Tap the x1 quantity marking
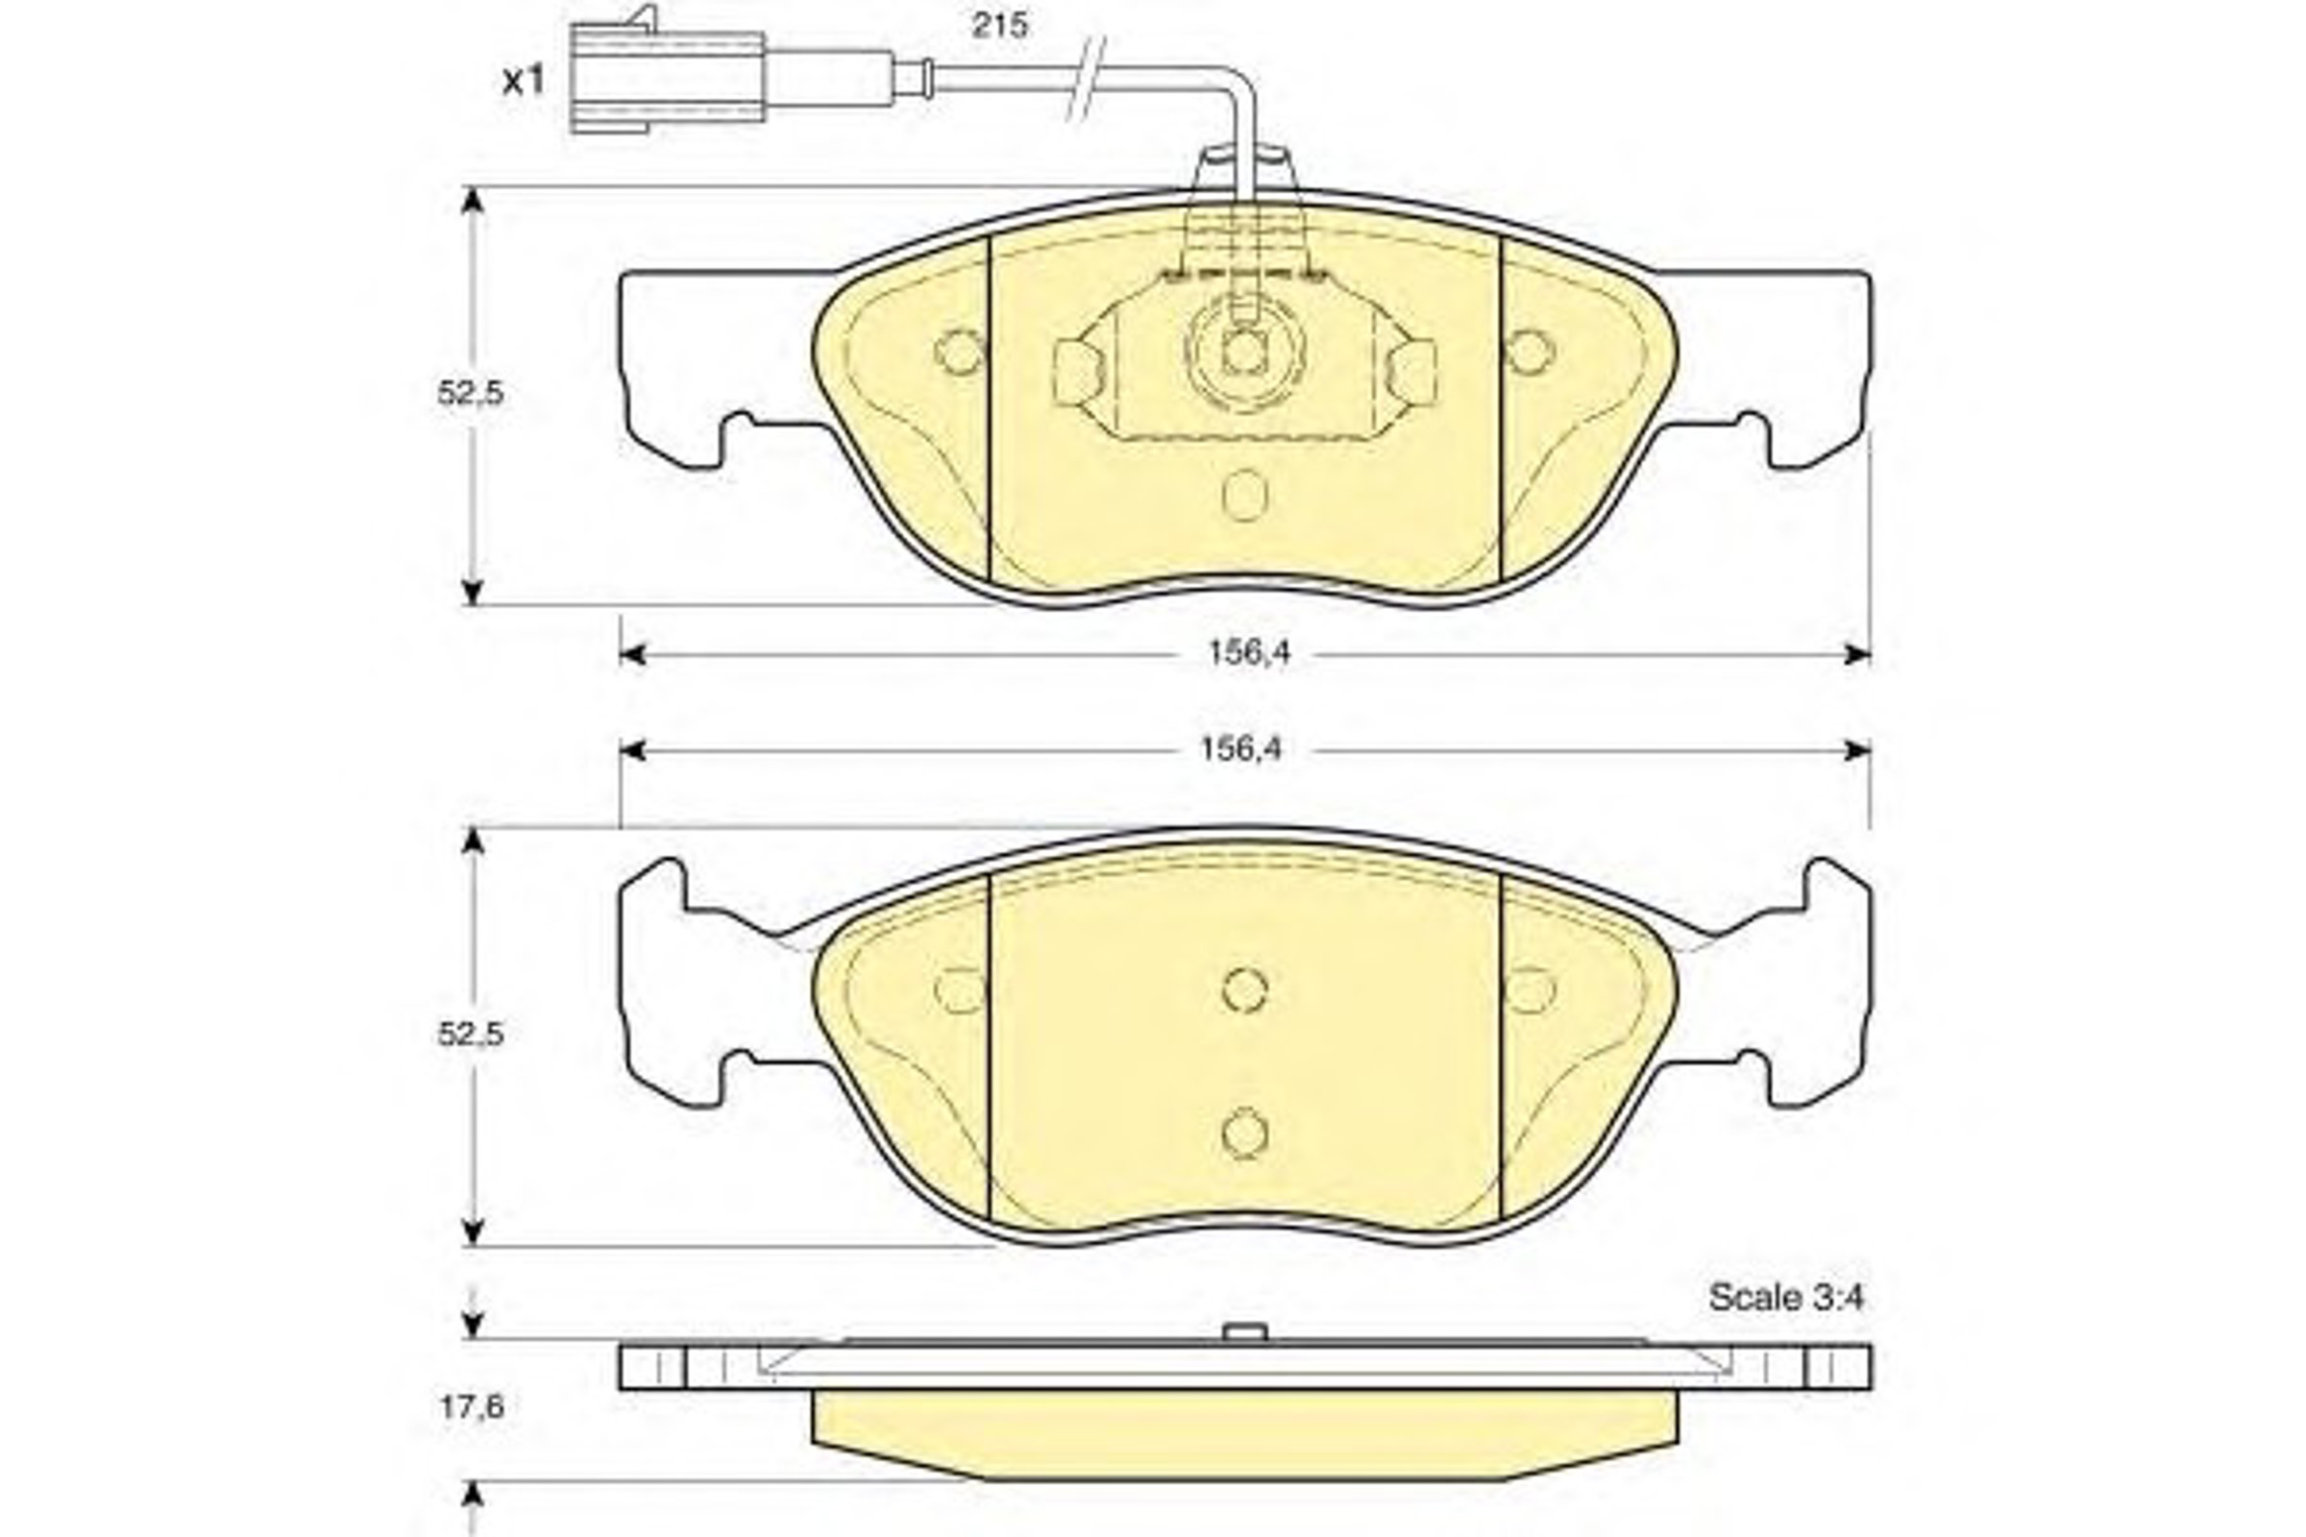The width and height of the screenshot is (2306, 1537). [x=523, y=82]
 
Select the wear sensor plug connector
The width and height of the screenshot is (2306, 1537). [x=667, y=77]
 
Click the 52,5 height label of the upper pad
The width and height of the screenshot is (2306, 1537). [x=471, y=393]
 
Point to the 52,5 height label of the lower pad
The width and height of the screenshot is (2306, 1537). [x=471, y=1035]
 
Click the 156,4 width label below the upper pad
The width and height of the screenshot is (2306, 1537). [x=1249, y=653]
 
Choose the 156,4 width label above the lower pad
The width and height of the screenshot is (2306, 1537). [x=1241, y=750]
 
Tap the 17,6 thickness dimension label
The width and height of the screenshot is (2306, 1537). [x=472, y=1407]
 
